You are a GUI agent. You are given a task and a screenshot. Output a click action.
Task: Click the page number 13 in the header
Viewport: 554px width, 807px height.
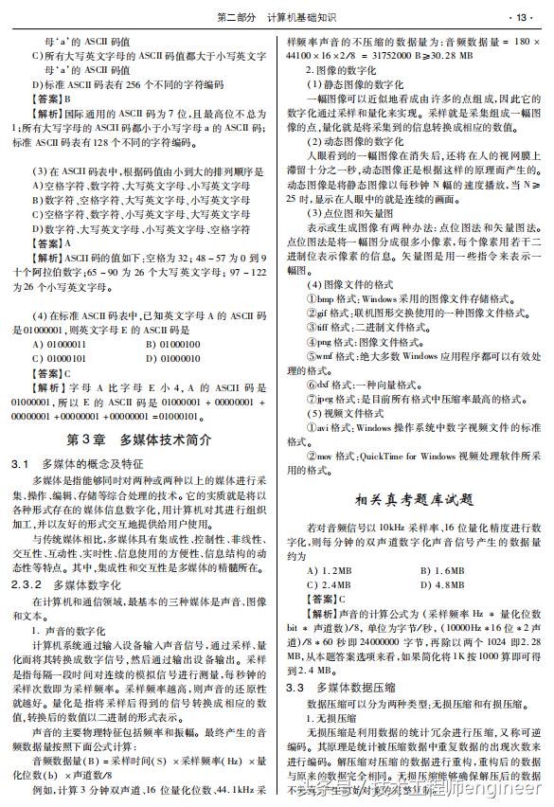point(524,17)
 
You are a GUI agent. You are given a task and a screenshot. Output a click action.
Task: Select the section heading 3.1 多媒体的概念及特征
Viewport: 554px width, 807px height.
point(90,465)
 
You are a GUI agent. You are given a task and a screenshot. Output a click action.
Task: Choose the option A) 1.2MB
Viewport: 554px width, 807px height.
point(325,570)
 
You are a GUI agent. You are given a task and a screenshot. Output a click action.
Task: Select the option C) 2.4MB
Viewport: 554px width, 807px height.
point(325,584)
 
